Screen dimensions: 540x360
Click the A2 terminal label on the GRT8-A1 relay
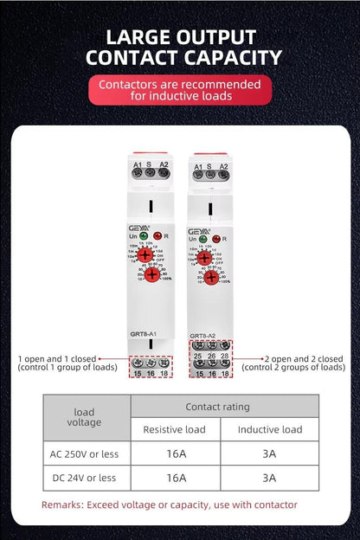point(163,164)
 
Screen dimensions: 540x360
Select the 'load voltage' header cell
point(84,417)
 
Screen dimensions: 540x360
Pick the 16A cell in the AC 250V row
point(176,453)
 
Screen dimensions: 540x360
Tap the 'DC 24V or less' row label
point(84,477)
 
